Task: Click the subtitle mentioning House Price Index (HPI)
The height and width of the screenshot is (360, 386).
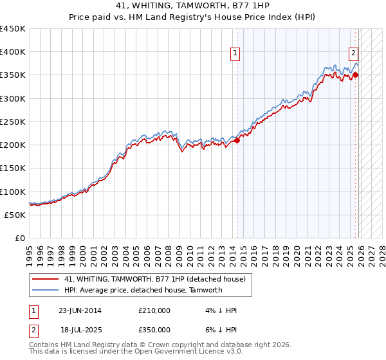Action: [x=192, y=18]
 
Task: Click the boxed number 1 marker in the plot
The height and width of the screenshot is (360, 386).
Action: [x=236, y=54]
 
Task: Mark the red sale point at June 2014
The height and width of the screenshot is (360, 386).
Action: [x=237, y=140]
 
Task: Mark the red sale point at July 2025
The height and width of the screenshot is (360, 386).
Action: [x=356, y=75]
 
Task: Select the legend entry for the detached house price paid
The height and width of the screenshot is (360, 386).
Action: [x=155, y=280]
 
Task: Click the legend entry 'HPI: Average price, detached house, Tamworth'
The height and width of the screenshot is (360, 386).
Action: [x=143, y=290]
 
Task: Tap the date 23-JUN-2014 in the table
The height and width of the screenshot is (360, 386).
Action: [x=80, y=310]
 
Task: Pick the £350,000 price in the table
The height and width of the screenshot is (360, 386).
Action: [x=154, y=329]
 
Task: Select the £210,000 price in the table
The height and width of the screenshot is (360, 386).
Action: [x=154, y=310]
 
